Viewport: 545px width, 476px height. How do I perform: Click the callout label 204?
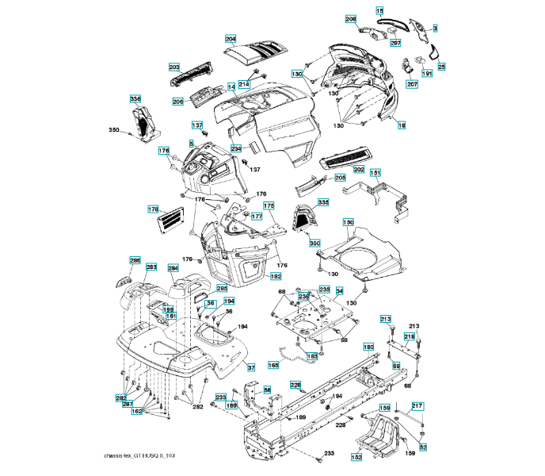pyautogui.click(x=231, y=39)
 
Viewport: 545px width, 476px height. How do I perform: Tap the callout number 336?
pyautogui.click(x=135, y=99)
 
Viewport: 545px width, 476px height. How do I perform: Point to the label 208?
pyautogui.click(x=351, y=18)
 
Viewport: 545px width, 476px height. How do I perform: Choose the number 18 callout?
pyautogui.click(x=402, y=126)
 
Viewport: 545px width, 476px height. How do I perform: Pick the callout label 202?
pyautogui.click(x=359, y=170)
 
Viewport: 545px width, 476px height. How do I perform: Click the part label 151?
pyautogui.click(x=375, y=173)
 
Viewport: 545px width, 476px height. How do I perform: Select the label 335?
pyautogui.click(x=323, y=203)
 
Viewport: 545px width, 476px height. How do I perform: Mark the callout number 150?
pyautogui.click(x=348, y=223)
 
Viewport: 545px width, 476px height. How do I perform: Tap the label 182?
pyautogui.click(x=276, y=276)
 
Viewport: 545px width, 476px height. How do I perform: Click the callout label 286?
pyautogui.click(x=135, y=260)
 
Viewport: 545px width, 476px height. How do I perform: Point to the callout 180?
pyautogui.click(x=368, y=347)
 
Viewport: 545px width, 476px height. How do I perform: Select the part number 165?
pyautogui.click(x=273, y=365)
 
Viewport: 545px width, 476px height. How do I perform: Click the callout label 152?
pyautogui.click(x=357, y=458)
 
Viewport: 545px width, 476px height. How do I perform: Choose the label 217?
pyautogui.click(x=417, y=406)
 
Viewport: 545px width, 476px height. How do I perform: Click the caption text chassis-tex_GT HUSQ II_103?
pyautogui.click(x=150, y=457)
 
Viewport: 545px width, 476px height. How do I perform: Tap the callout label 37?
pyautogui.click(x=250, y=368)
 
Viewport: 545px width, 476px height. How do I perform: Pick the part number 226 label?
pyautogui.click(x=295, y=386)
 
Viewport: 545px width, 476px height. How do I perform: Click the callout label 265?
pyautogui.click(x=223, y=288)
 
